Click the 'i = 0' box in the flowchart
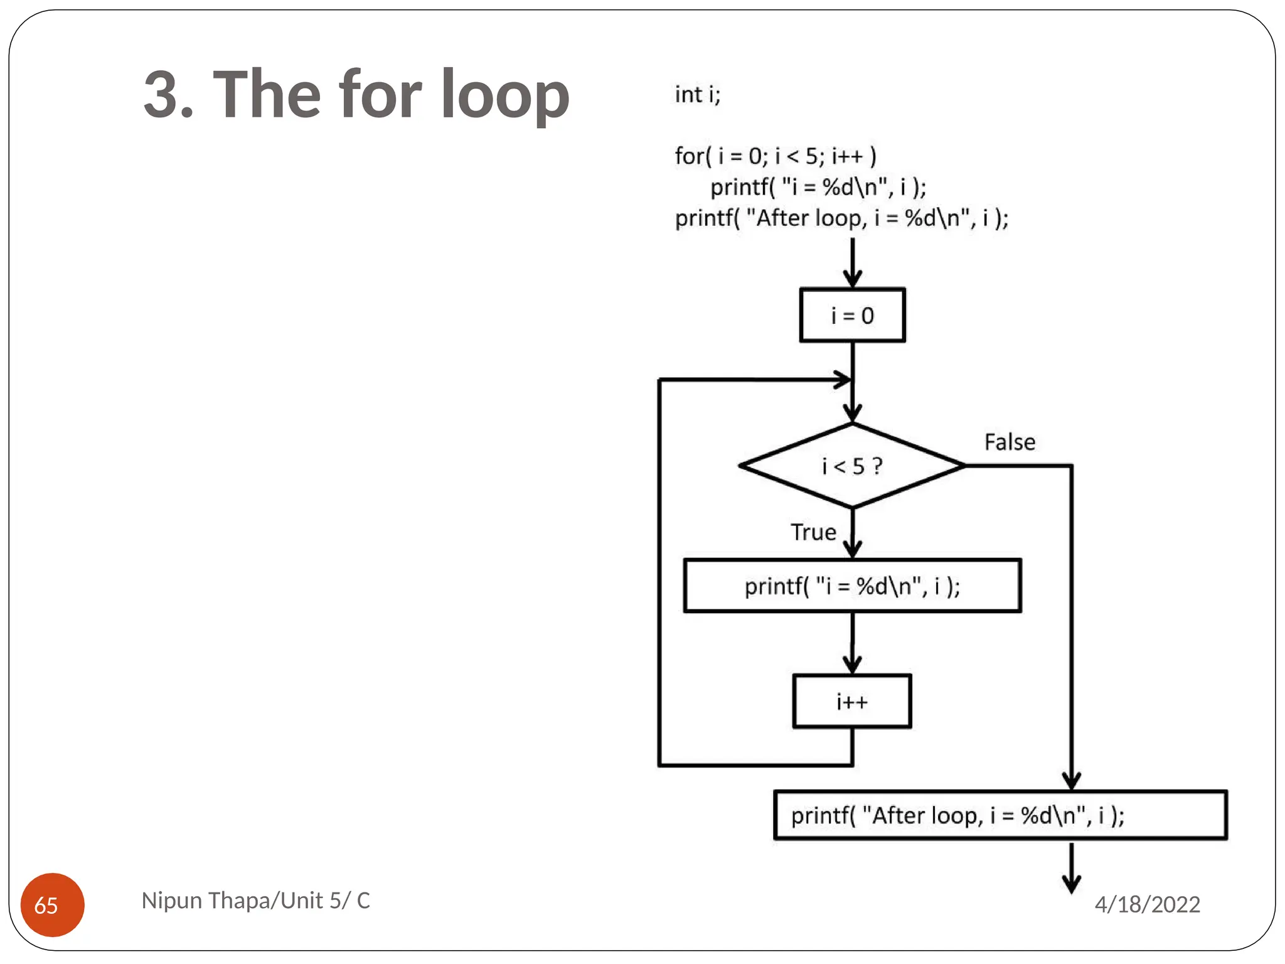(851, 315)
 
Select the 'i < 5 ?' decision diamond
(851, 466)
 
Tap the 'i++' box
(851, 701)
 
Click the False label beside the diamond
(1009, 442)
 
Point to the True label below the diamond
(813, 532)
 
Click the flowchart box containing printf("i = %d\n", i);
(851, 586)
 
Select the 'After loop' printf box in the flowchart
(1000, 815)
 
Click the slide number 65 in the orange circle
(46, 905)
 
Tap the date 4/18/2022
(1146, 904)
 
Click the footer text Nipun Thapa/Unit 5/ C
(255, 901)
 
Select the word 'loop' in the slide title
(504, 95)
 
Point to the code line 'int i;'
(697, 95)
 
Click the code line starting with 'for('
(775, 156)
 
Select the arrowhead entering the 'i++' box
(851, 665)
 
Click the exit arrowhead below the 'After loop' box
(1071, 884)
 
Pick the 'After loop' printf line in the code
(841, 218)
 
